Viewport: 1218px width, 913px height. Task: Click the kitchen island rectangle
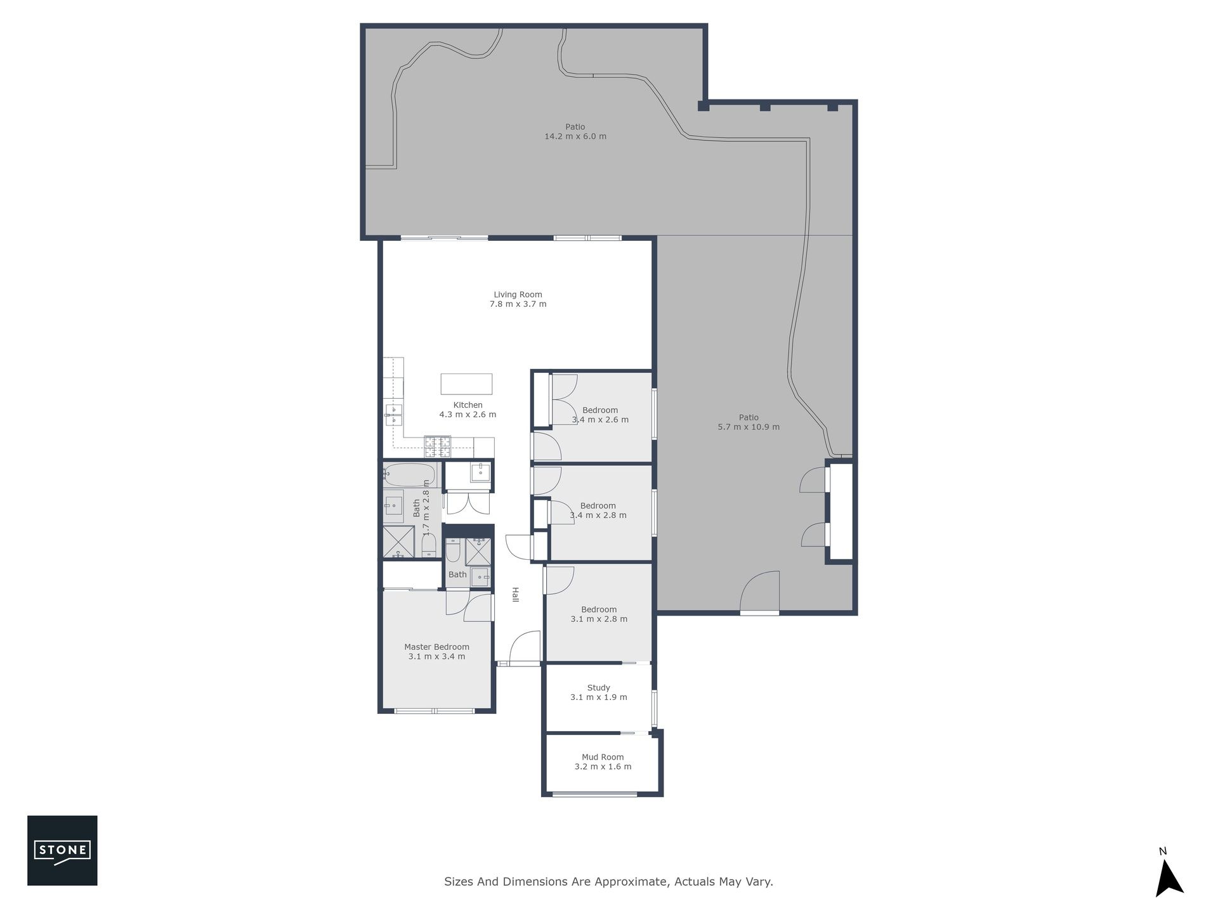466,384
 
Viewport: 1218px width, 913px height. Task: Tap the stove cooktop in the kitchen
438,447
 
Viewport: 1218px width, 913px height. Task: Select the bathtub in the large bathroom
409,474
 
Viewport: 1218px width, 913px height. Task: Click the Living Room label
518,294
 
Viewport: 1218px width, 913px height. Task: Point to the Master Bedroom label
437,647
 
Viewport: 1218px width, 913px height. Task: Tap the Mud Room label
603,757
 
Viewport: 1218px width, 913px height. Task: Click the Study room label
599,687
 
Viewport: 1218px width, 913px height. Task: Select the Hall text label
516,595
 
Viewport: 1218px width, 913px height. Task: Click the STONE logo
62,850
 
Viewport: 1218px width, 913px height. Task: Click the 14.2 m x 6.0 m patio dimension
575,136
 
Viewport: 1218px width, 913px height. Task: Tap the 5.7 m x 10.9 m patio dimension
749,427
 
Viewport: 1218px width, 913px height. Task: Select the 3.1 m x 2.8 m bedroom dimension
599,619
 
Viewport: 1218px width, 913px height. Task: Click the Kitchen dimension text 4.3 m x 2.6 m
468,415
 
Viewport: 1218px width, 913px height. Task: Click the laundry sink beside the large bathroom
480,472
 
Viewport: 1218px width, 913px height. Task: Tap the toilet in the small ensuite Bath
453,551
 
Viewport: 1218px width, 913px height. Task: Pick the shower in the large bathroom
398,542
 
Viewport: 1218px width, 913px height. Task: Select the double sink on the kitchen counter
393,415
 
